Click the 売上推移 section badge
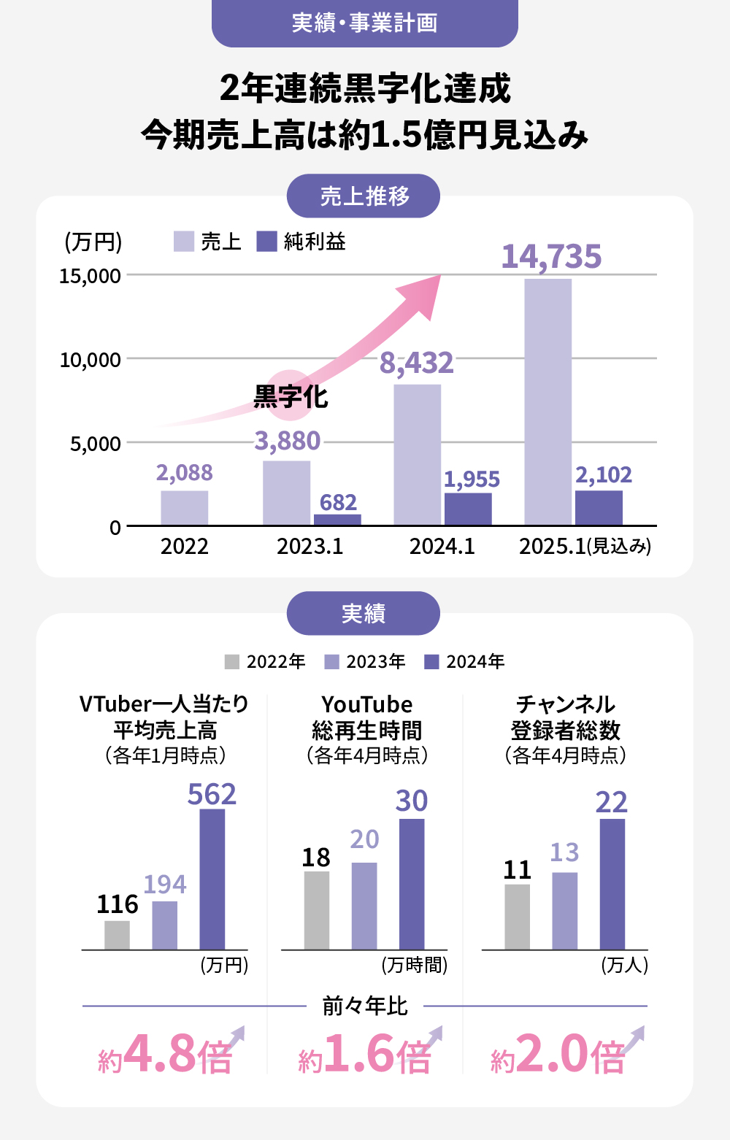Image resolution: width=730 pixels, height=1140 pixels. click(x=364, y=196)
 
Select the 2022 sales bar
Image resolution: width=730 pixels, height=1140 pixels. click(x=185, y=508)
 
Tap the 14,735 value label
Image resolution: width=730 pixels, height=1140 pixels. click(x=551, y=257)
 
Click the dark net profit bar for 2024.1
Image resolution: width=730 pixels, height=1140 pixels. click(x=468, y=509)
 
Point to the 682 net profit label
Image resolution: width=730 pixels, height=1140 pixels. click(x=338, y=503)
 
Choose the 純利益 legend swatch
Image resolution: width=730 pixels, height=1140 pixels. click(x=267, y=242)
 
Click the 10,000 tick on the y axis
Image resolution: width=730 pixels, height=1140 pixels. click(x=91, y=360)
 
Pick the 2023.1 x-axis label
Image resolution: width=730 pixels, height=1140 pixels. click(x=310, y=547)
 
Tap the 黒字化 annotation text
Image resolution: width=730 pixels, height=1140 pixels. click(x=291, y=397)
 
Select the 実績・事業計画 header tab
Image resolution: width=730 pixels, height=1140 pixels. click(x=364, y=23)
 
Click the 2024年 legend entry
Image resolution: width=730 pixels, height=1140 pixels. click(x=465, y=662)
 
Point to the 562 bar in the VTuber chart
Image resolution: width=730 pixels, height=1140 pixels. click(x=212, y=879)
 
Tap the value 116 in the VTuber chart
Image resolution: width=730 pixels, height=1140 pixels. click(x=118, y=905)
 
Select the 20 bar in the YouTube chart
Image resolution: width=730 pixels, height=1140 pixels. click(x=364, y=906)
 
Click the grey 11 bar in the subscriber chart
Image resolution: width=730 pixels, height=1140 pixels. click(x=517, y=917)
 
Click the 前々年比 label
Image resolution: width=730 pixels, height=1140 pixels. click(x=364, y=1006)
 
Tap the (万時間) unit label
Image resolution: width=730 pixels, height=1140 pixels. click(x=414, y=966)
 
